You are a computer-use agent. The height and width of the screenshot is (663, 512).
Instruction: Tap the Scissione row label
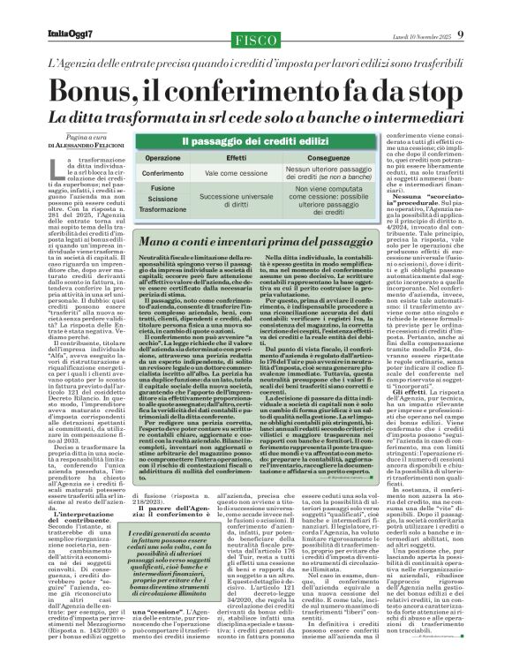pyautogui.click(x=162, y=200)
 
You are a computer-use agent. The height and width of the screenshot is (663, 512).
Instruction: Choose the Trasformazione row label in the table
pyautogui.click(x=162, y=212)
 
